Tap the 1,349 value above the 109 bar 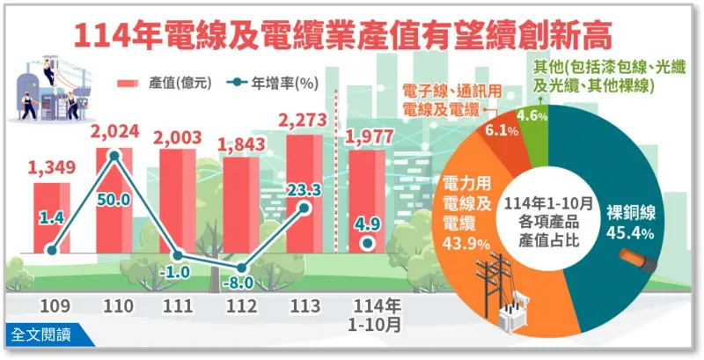click(52, 167)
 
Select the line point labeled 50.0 click(114, 157)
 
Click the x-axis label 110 click(115, 308)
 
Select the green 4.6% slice click(533, 114)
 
